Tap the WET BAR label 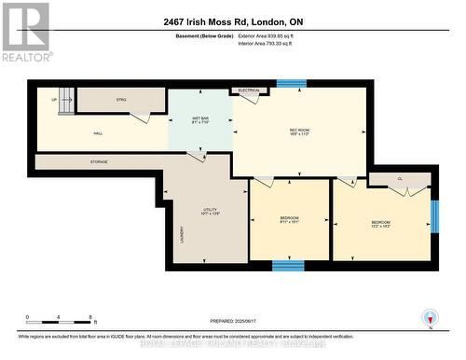200,119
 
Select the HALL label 98,133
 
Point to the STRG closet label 121,98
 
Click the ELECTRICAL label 248,90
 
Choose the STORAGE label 99,161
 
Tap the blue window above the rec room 290,83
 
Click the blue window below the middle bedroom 288,265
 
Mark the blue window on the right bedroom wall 434,215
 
